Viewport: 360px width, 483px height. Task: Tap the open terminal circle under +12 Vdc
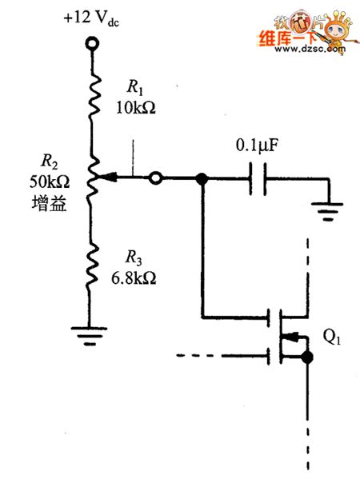tap(92, 42)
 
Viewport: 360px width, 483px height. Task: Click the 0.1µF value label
tap(257, 147)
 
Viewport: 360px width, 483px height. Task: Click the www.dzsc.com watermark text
tap(303, 49)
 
